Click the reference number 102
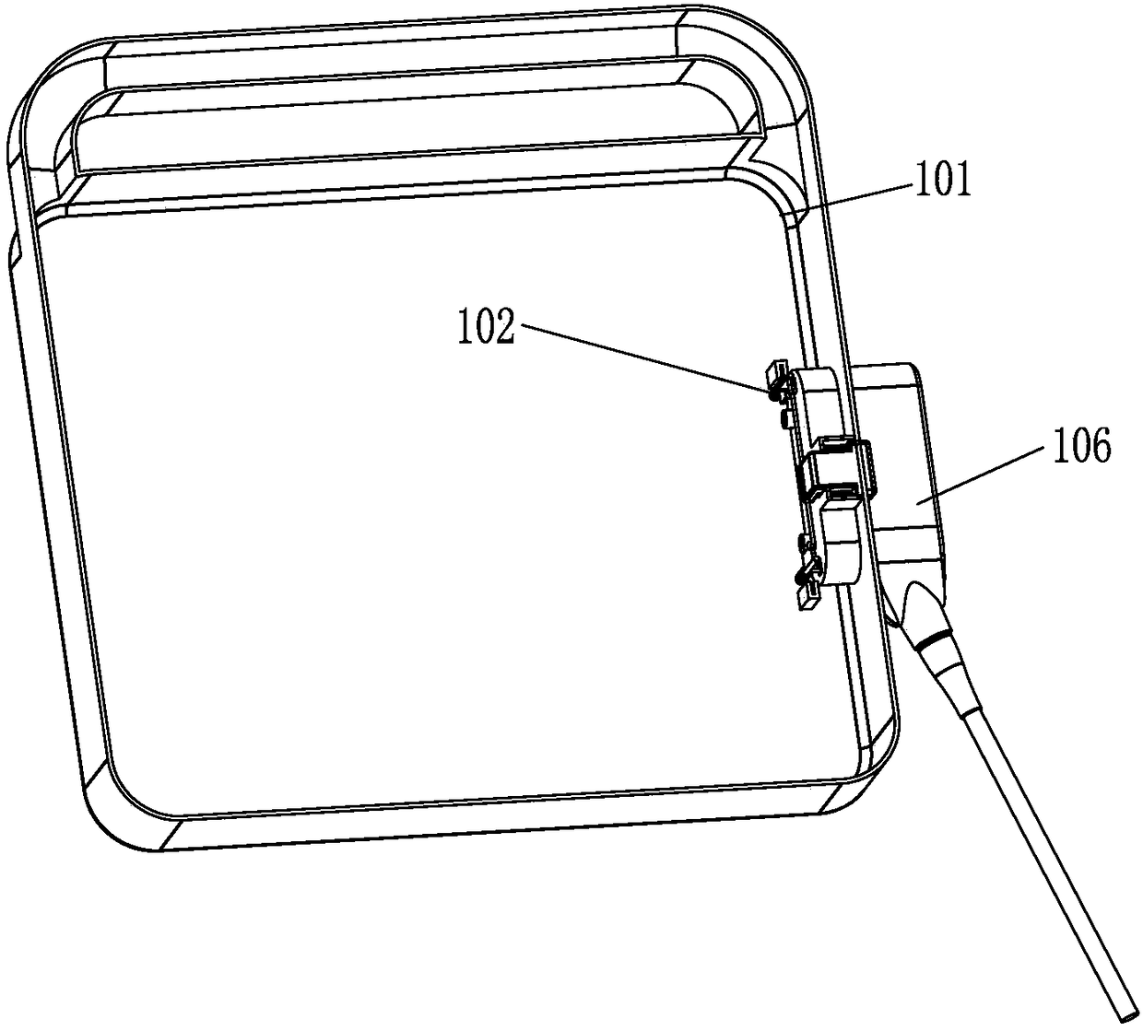[486, 328]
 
